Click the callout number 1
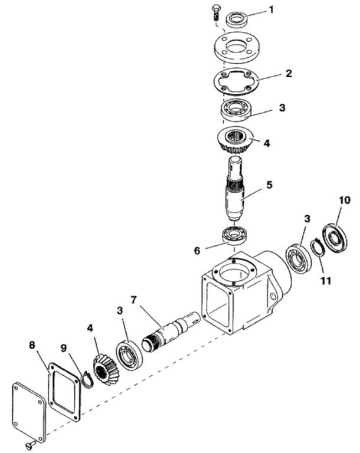click(x=271, y=9)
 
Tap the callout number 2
click(x=289, y=73)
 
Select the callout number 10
click(x=345, y=200)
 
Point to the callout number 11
click(x=326, y=280)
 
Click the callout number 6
click(x=197, y=251)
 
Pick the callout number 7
click(x=133, y=300)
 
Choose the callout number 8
click(x=32, y=344)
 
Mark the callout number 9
click(x=64, y=348)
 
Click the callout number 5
click(x=269, y=185)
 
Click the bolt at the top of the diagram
click(x=216, y=12)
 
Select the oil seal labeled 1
click(x=237, y=19)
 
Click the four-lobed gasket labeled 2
click(x=236, y=81)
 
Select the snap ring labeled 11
click(x=318, y=247)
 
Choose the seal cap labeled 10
click(x=335, y=238)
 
